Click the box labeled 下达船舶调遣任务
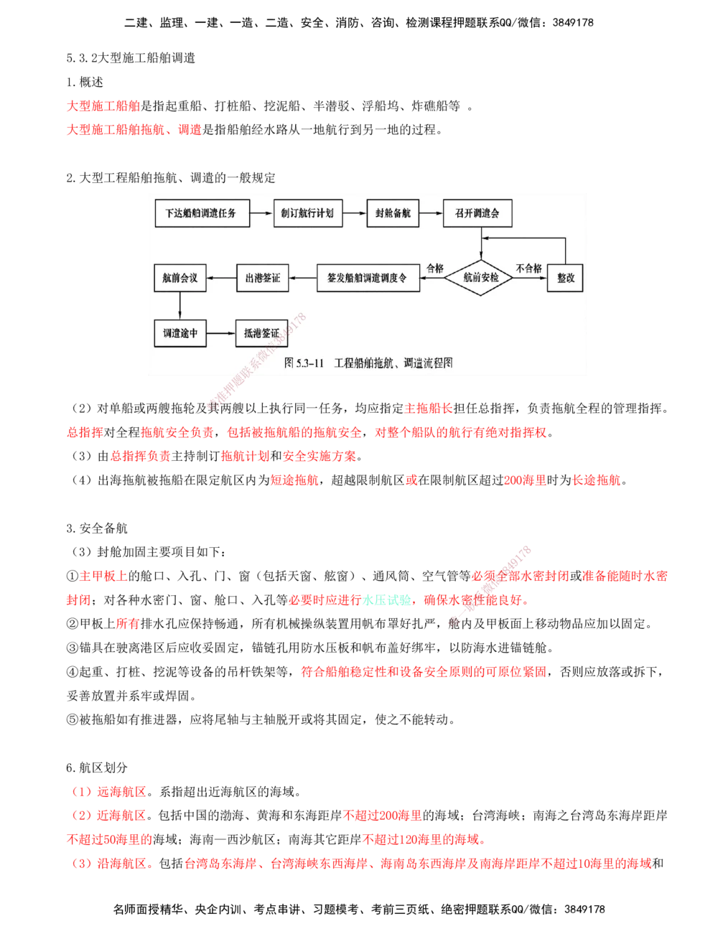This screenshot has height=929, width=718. [x=202, y=213]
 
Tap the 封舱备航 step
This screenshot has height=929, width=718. [x=393, y=213]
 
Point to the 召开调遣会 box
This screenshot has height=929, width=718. [x=477, y=213]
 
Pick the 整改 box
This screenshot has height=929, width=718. [x=565, y=278]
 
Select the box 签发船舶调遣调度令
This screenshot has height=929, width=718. [x=368, y=278]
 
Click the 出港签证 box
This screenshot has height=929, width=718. [x=263, y=278]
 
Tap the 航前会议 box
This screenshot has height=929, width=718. [x=180, y=278]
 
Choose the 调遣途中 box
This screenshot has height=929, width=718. [x=180, y=333]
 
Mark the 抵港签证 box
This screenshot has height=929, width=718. [x=261, y=333]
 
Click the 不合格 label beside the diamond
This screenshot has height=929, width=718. [x=529, y=269]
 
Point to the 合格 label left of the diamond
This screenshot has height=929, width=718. [x=435, y=269]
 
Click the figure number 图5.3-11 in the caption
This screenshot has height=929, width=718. [x=306, y=363]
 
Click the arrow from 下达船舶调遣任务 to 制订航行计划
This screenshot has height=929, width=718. [x=261, y=213]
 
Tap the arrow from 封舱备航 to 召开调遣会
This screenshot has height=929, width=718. [x=431, y=213]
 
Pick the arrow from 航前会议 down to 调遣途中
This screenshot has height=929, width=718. [x=180, y=305]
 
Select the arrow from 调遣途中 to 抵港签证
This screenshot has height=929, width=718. [x=221, y=333]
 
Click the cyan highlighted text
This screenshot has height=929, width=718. [x=387, y=600]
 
